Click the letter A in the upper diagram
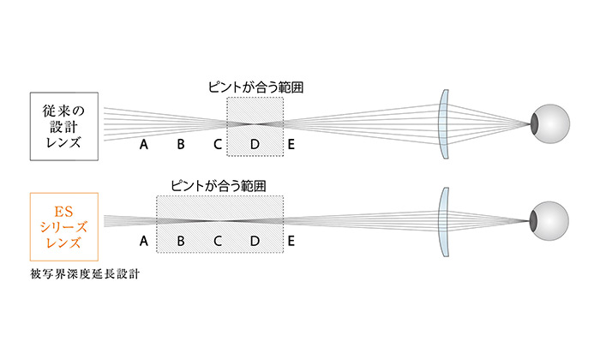point(144,144)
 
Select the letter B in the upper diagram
point(181,144)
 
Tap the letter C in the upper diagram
point(218,144)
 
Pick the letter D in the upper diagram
point(255,144)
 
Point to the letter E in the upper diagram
point(291,144)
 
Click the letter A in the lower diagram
point(144,241)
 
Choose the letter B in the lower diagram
point(181,241)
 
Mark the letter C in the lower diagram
point(218,241)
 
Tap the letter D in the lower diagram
point(255,241)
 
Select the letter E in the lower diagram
point(291,241)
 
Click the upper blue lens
point(444,124)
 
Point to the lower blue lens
point(444,222)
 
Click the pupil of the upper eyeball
point(535,124)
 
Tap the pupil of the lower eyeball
point(533,221)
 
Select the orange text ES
point(63,212)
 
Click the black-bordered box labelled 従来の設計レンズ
point(64,126)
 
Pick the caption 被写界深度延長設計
point(85,274)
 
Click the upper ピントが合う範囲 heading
point(256,87)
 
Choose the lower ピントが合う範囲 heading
point(219,186)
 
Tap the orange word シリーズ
point(64,227)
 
